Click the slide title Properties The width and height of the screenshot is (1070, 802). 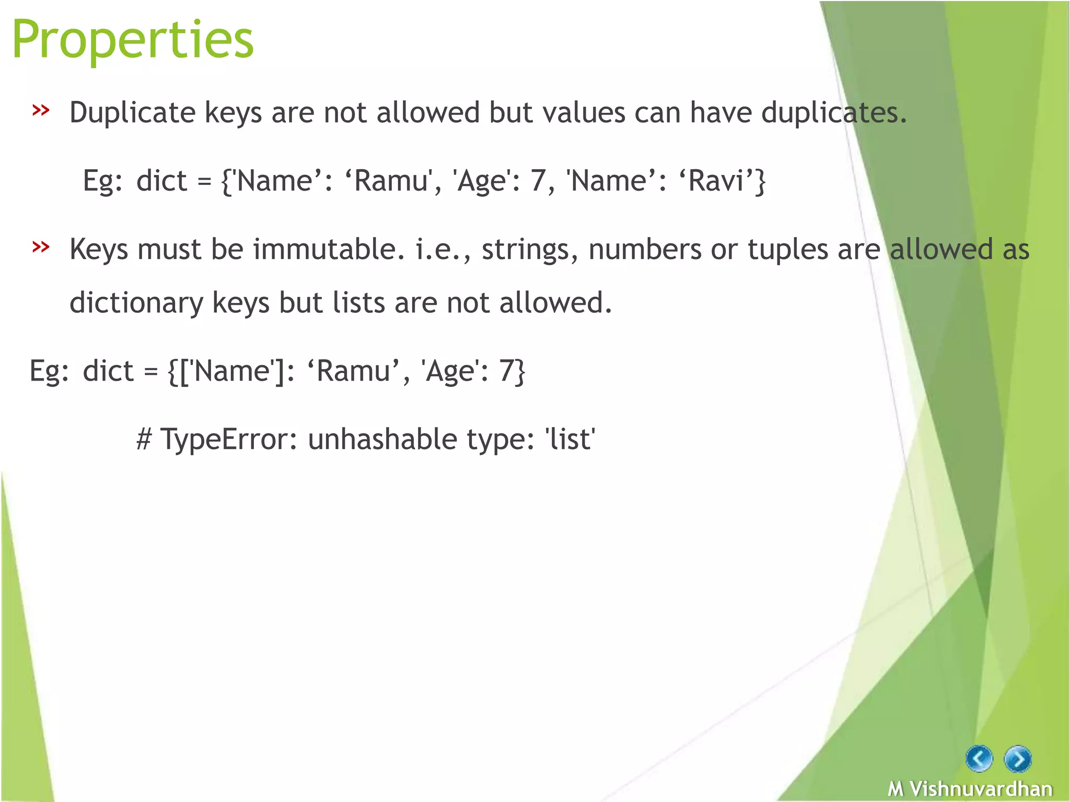click(133, 40)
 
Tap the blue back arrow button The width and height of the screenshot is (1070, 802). click(979, 758)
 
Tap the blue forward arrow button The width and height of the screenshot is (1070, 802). click(1017, 759)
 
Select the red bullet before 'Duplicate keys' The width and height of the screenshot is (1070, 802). click(41, 110)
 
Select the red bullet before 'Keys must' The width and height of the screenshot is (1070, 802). click(41, 246)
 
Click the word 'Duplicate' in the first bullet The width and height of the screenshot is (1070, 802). click(132, 113)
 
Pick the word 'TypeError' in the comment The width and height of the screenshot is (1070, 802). click(228, 439)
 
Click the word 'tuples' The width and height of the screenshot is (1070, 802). click(788, 249)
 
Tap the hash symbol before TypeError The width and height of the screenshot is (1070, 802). click(144, 439)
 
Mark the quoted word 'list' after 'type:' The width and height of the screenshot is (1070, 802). click(570, 439)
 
